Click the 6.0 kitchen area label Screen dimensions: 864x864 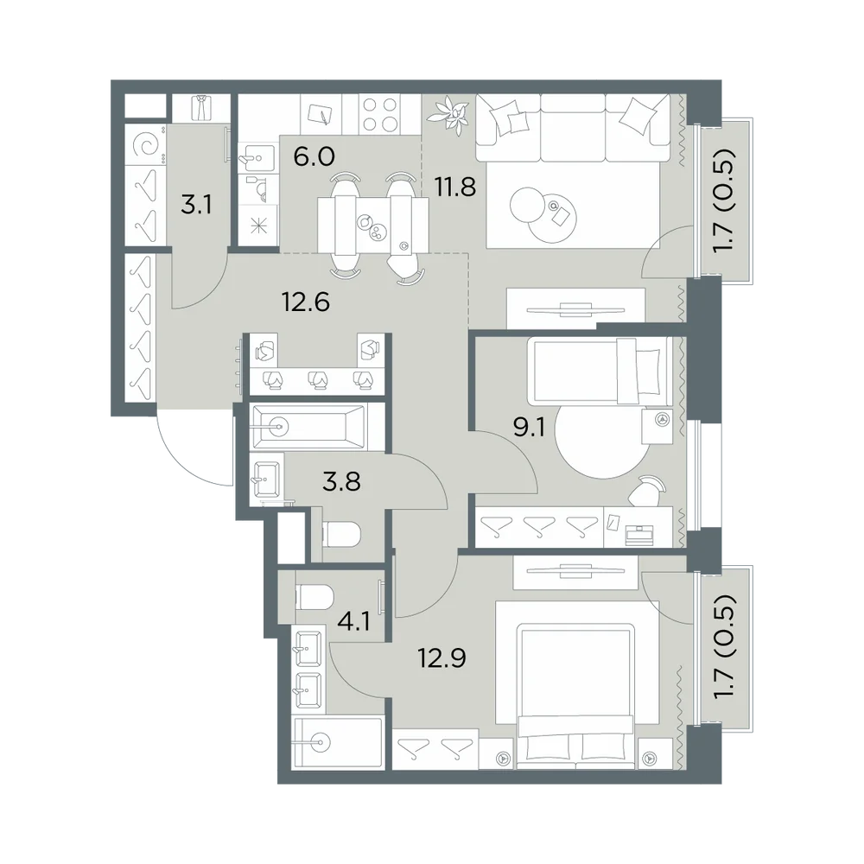tap(314, 157)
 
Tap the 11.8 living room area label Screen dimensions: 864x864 tap(455, 187)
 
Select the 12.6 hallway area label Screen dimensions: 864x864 tap(306, 302)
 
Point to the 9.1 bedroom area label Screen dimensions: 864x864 tap(529, 427)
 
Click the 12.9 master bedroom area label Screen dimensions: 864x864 tap(442, 658)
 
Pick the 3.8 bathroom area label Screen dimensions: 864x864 tap(341, 481)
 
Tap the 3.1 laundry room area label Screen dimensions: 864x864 tap(196, 206)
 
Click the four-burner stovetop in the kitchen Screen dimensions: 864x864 tap(379, 115)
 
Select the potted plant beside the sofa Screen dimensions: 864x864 tap(449, 113)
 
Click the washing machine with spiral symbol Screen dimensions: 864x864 tap(145, 145)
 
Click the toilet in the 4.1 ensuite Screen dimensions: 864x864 tap(314, 597)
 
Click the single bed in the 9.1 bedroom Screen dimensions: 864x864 tap(600, 371)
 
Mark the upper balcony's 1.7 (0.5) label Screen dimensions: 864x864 tap(723, 200)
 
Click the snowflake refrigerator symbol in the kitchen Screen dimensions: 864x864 tap(257, 226)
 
